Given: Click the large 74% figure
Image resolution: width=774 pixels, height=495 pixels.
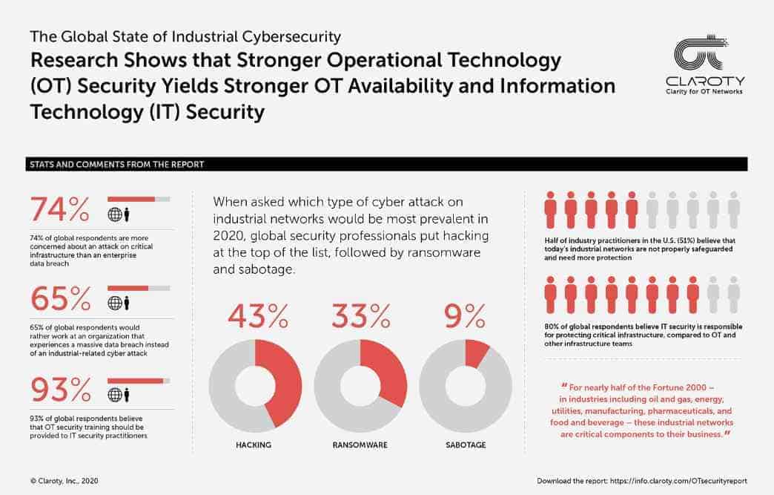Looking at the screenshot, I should pyautogui.click(x=59, y=209).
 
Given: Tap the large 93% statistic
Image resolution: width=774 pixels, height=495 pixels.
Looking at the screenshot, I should pyautogui.click(x=59, y=389).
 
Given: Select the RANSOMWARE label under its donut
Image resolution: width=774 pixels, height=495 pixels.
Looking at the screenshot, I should pyautogui.click(x=360, y=445).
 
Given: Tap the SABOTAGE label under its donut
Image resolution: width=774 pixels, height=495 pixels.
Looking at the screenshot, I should pyautogui.click(x=465, y=445).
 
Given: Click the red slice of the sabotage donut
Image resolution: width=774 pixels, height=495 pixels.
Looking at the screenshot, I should pyautogui.click(x=476, y=353).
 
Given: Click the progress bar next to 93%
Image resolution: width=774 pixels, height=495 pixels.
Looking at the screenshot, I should pyautogui.click(x=139, y=381).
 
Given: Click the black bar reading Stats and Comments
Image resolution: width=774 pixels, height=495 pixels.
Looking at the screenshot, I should pyautogui.click(x=386, y=164).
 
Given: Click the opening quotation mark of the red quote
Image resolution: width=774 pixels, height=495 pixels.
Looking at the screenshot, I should pyautogui.click(x=564, y=387).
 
